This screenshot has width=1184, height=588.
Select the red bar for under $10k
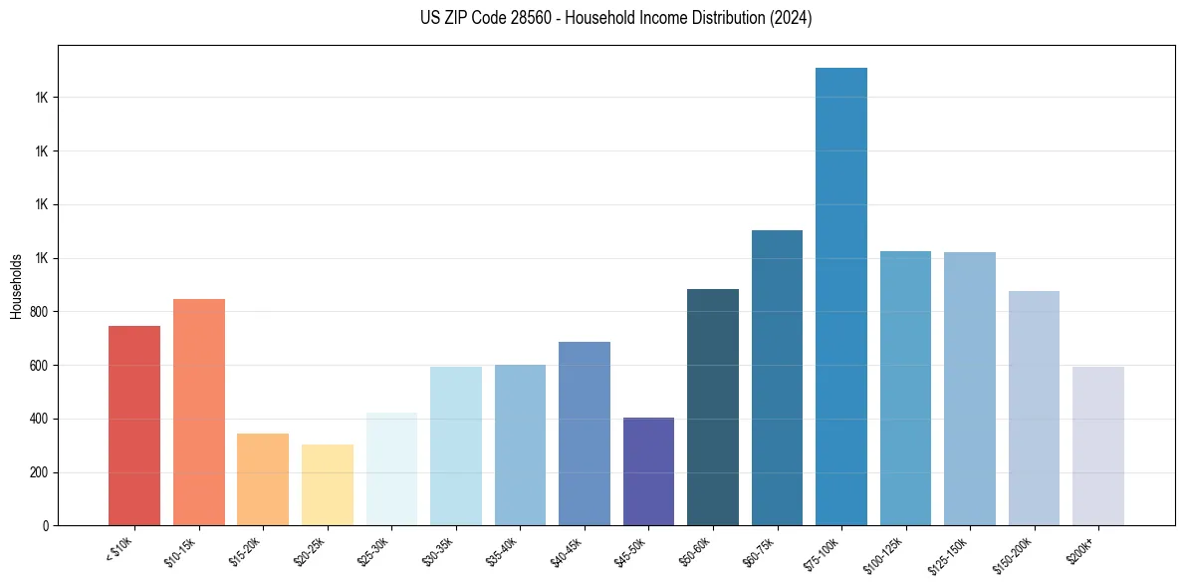(x=134, y=426)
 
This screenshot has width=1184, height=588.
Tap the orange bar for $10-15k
(x=199, y=412)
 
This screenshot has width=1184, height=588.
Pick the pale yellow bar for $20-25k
(x=328, y=484)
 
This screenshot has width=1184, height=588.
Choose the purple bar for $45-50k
(x=648, y=471)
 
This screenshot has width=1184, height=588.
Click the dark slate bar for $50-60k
(x=713, y=407)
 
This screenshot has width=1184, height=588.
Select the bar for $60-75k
(x=777, y=378)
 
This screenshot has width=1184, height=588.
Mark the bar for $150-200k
(x=1034, y=408)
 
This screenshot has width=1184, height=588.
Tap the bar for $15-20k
(x=263, y=479)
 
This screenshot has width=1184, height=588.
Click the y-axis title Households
(x=16, y=286)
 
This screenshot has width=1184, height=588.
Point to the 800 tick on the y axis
(x=41, y=312)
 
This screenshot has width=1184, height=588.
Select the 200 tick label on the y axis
(x=41, y=472)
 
